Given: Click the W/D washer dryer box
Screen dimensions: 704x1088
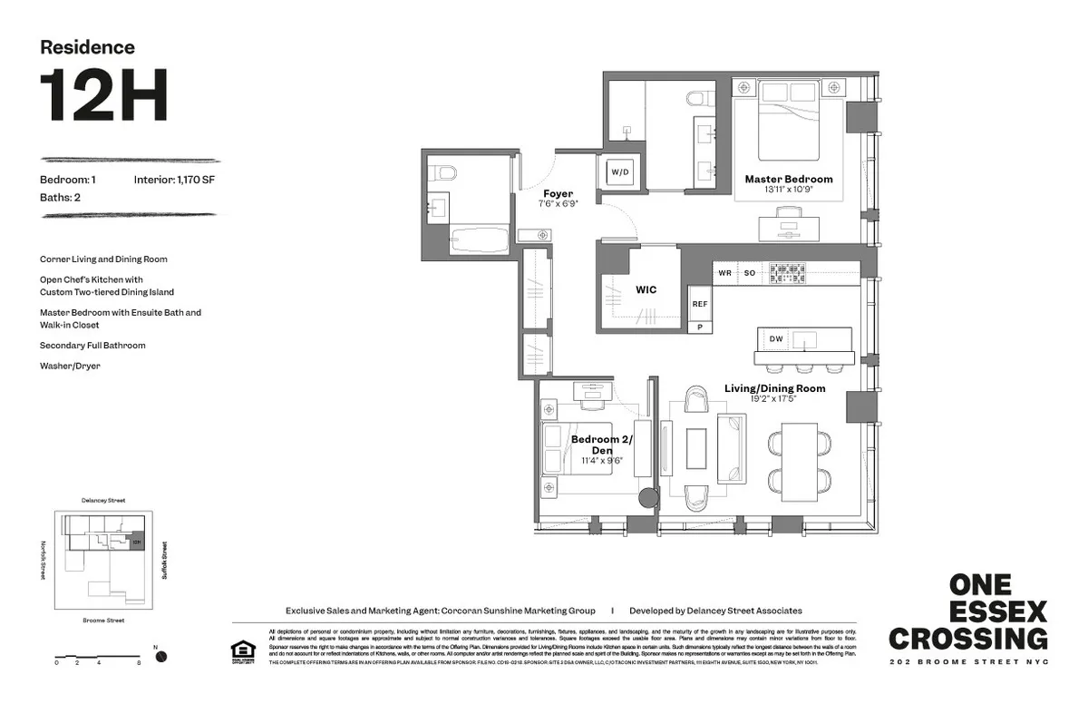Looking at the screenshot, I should pos(620,172).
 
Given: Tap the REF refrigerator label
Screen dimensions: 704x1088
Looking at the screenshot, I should pos(700,305).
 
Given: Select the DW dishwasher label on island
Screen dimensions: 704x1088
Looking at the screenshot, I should pos(776,339).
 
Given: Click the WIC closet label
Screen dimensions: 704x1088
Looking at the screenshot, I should pos(646,290).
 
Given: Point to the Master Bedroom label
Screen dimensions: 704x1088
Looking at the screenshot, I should pos(788,180).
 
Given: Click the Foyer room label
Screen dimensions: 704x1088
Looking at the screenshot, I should pos(557,194).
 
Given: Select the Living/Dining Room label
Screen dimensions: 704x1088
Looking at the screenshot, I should pos(774,388).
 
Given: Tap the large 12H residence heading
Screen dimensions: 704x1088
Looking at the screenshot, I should pos(103,95).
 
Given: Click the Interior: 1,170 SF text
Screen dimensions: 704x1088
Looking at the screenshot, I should pos(174,180).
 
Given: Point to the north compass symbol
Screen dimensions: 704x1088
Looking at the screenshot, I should pos(160,656).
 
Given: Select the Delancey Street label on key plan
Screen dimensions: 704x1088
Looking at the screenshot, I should pos(102,500).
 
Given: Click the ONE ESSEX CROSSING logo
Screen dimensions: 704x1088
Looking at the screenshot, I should pos(967,611).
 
